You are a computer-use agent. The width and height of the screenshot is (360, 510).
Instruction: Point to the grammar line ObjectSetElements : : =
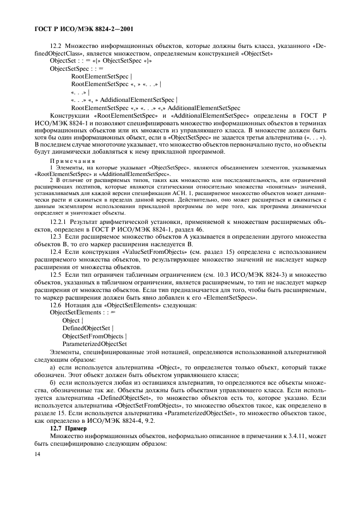pyautogui.click(x=80, y=313)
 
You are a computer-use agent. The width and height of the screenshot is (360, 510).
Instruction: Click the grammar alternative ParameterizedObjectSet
pyautogui.click(x=95, y=344)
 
